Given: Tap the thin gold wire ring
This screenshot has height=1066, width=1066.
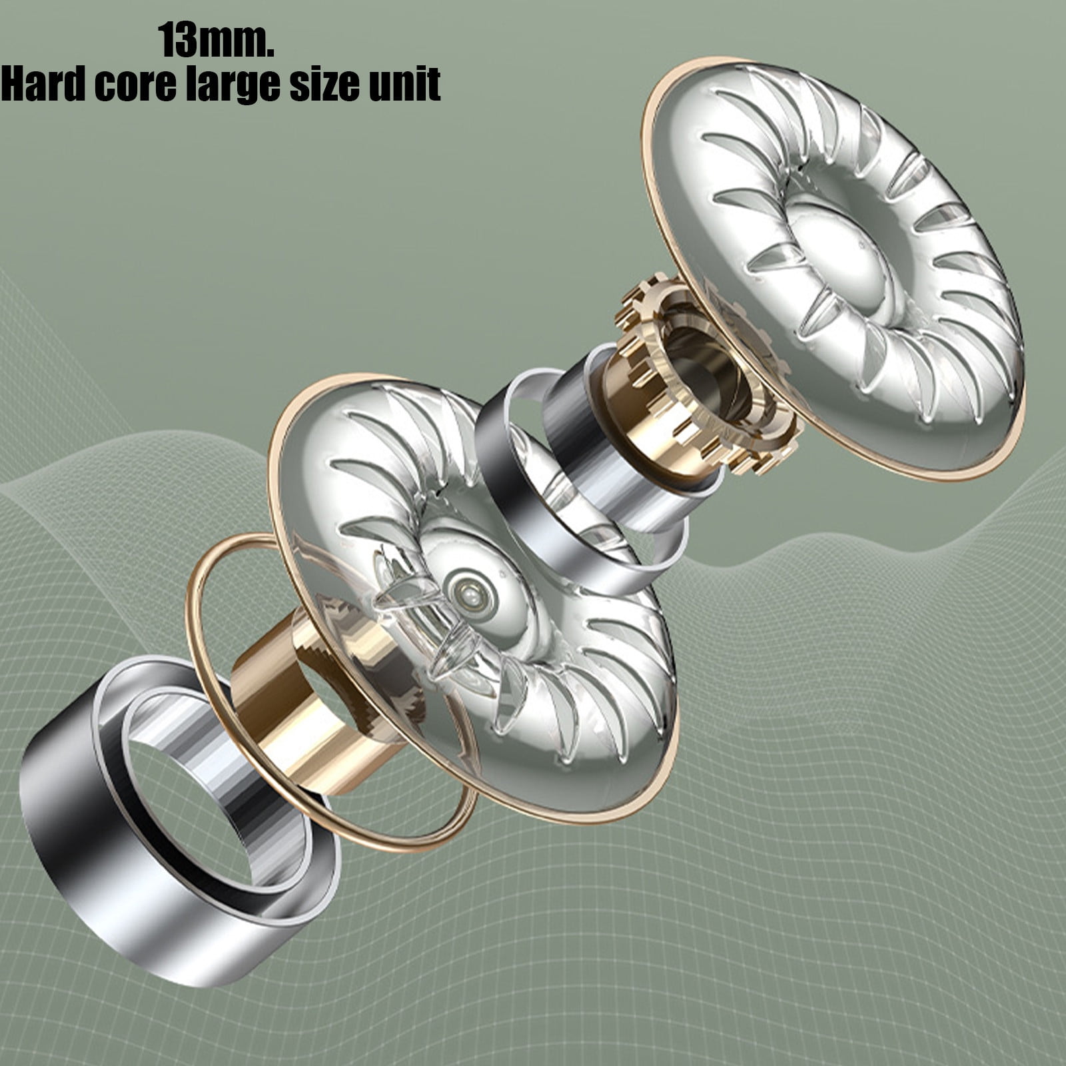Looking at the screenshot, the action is coord(200,666).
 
